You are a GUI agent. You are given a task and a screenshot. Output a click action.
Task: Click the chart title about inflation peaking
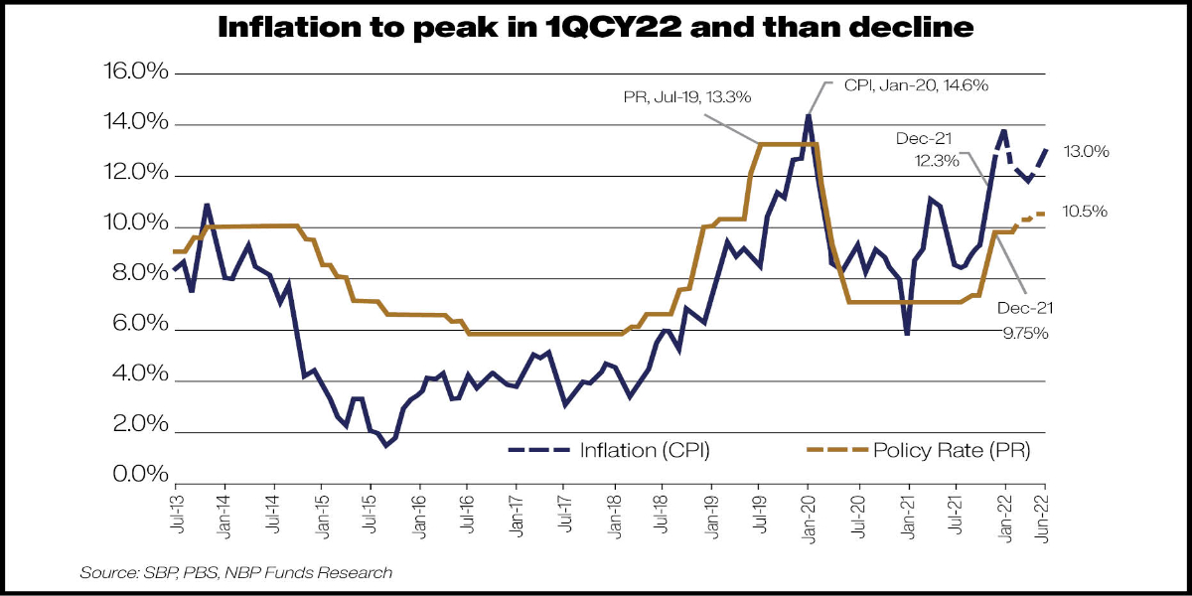click(x=596, y=30)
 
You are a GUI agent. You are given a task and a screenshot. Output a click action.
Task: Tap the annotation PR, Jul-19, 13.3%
click(x=687, y=97)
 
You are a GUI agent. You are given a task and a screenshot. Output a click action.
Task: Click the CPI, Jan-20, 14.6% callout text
click(x=915, y=85)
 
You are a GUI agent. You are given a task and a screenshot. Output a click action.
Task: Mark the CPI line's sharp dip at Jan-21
click(x=907, y=333)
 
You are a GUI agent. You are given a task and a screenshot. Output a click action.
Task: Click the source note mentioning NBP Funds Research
click(x=236, y=572)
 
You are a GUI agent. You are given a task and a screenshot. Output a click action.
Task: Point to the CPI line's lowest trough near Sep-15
click(x=385, y=445)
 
